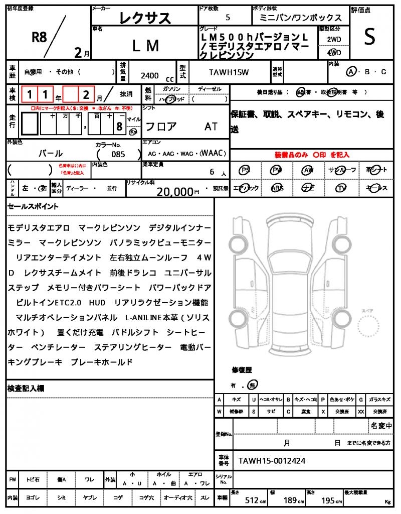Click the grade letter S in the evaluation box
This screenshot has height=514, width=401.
tap(369, 37)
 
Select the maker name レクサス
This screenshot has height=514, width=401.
tap(145, 19)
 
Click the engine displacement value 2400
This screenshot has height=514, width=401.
tap(150, 76)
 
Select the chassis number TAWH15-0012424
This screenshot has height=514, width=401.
tap(272, 460)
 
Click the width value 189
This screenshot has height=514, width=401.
tap(290, 500)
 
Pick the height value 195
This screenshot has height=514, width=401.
tap(328, 500)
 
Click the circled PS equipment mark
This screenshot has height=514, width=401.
tap(245, 170)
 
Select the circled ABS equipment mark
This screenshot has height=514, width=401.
tap(277, 188)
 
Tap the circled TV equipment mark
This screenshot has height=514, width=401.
tap(341, 188)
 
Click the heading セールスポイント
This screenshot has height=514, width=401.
tap(33, 206)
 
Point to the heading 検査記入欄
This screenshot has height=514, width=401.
tap(26, 388)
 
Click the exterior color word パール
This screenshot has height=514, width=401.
tap(51, 154)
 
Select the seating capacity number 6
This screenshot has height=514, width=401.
tap(213, 172)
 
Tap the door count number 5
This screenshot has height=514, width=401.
tap(228, 18)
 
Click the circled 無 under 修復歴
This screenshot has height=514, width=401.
tap(254, 385)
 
